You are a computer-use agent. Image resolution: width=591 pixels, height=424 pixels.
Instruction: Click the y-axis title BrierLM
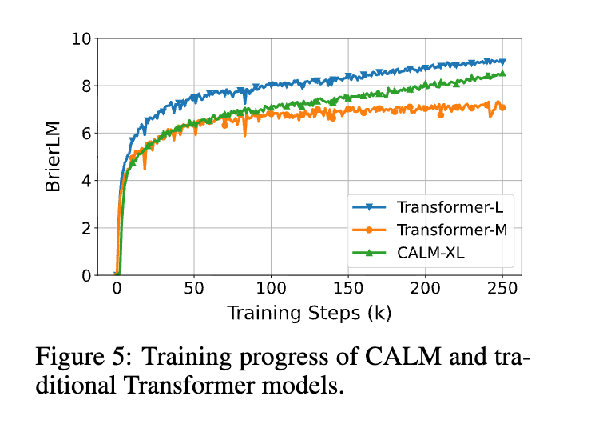[53, 156]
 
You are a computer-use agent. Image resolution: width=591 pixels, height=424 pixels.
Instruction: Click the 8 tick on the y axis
[86, 86]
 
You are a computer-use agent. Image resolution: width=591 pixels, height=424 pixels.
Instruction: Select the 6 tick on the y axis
[86, 133]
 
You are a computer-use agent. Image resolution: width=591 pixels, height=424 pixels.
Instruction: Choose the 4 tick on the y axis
[86, 180]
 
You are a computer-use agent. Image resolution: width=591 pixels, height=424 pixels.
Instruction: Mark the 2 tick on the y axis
[86, 228]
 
